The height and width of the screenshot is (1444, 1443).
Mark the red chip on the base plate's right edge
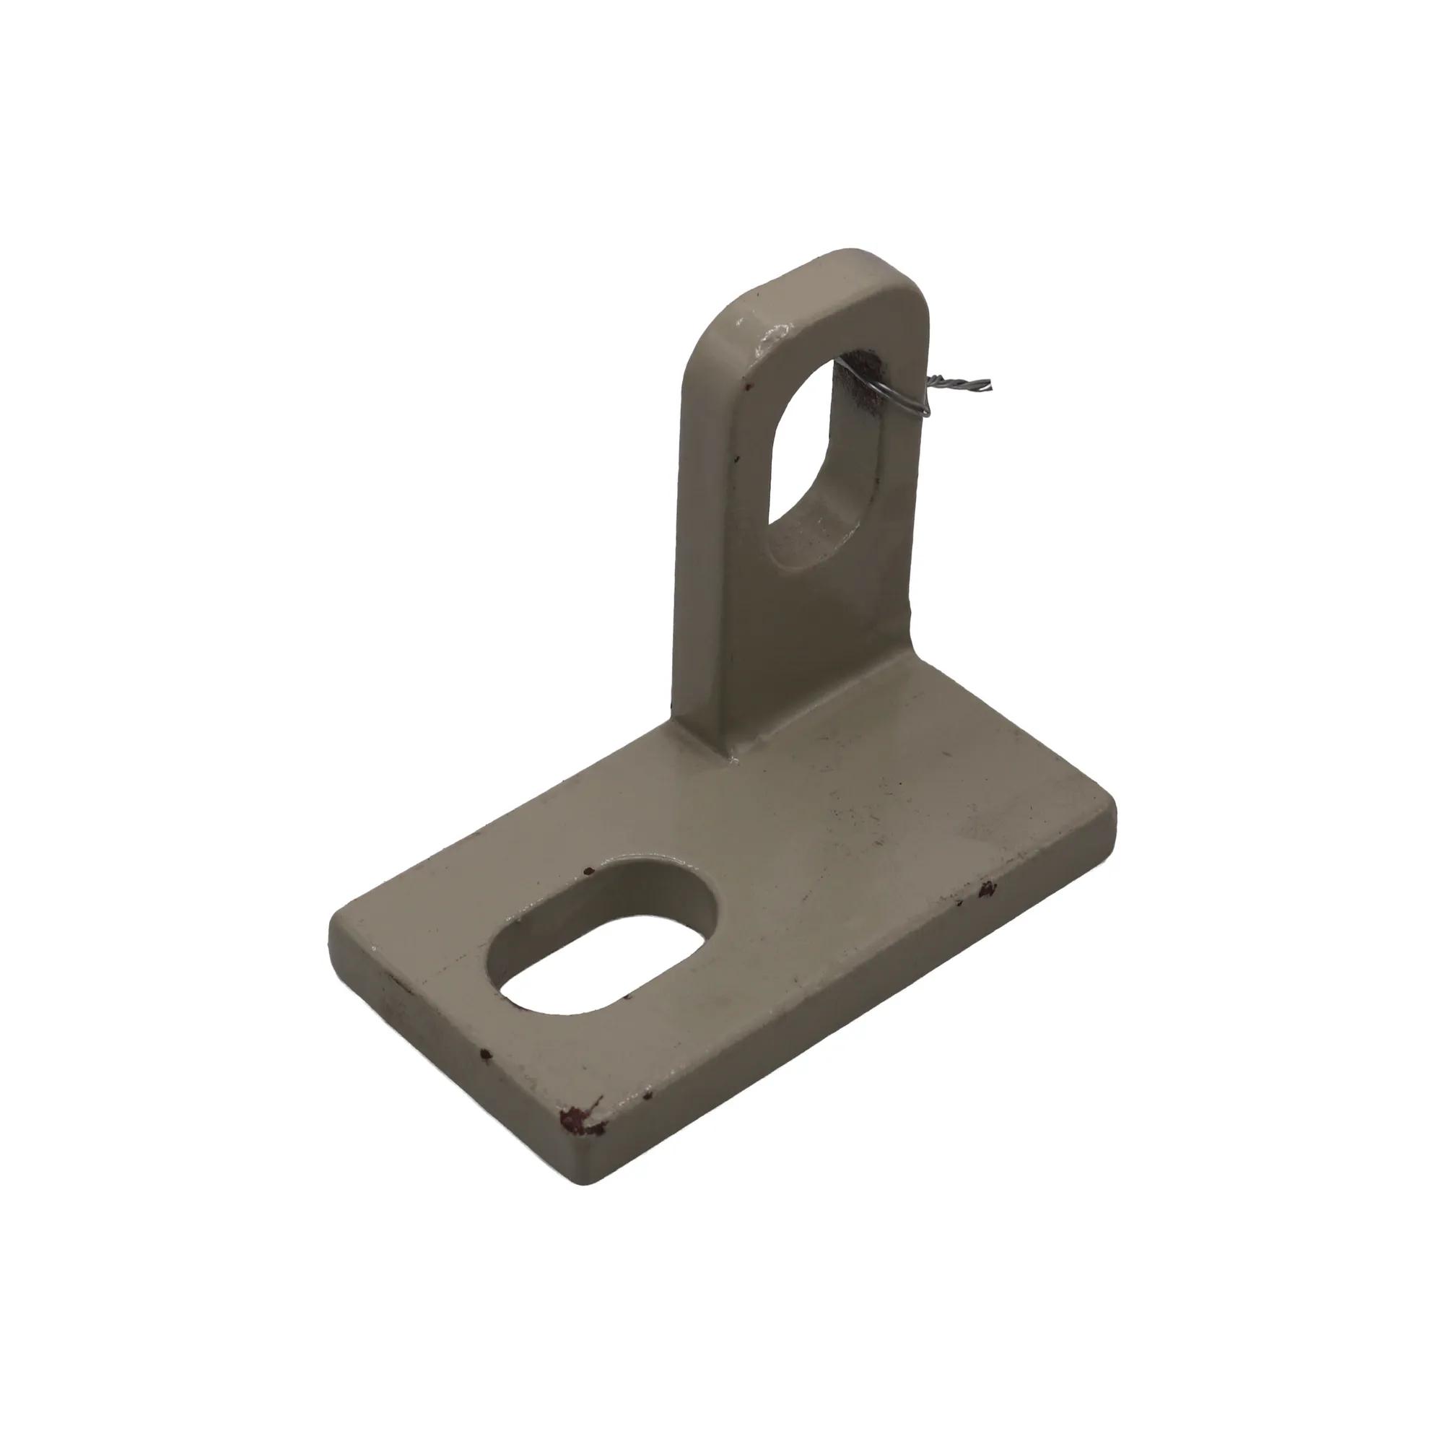(x=988, y=889)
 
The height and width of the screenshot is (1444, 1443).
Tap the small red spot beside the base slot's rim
(x=588, y=871)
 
